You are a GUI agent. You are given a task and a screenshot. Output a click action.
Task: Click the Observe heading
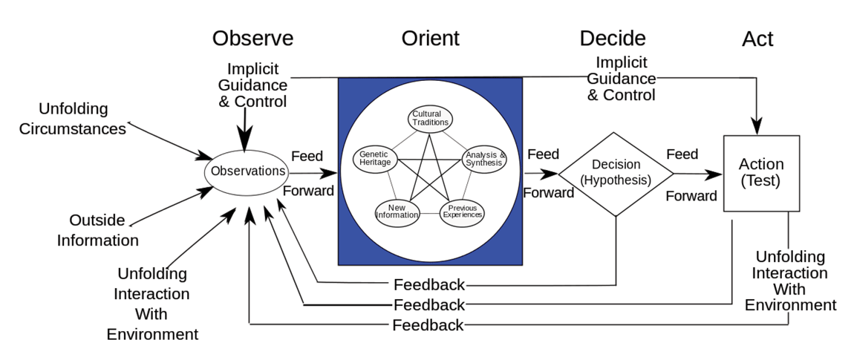click(x=252, y=39)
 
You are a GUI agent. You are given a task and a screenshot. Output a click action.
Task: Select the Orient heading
click(x=430, y=39)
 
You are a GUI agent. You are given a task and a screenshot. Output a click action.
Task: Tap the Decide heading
click(x=613, y=39)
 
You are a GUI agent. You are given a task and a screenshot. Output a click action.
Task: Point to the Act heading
click(x=757, y=39)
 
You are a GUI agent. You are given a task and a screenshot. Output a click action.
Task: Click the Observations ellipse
click(x=247, y=171)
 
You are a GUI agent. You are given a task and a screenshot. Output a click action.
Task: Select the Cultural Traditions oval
click(x=430, y=118)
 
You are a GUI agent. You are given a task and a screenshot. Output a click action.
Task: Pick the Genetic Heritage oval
click(x=375, y=159)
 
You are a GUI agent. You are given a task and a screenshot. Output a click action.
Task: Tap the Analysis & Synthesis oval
click(x=485, y=159)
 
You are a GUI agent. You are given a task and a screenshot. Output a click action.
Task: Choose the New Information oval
click(x=397, y=211)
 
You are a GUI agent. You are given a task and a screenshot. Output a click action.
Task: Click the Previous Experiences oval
click(x=462, y=212)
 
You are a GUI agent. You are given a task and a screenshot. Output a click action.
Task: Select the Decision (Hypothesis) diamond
click(x=616, y=174)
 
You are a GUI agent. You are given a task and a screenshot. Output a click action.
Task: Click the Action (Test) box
click(x=761, y=173)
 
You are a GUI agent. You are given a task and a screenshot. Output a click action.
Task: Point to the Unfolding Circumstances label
click(x=73, y=119)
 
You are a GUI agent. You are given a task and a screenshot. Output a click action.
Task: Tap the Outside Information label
click(x=97, y=230)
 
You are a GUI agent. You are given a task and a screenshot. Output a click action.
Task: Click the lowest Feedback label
click(x=428, y=325)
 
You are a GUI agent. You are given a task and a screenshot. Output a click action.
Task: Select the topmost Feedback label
click(x=429, y=284)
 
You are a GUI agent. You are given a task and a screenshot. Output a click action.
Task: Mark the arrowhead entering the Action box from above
click(x=757, y=127)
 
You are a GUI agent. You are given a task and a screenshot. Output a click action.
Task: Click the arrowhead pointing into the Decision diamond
click(x=550, y=174)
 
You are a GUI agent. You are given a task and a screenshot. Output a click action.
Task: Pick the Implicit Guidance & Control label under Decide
click(x=621, y=79)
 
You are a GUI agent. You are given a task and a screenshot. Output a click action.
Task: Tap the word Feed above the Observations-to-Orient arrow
click(x=307, y=156)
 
